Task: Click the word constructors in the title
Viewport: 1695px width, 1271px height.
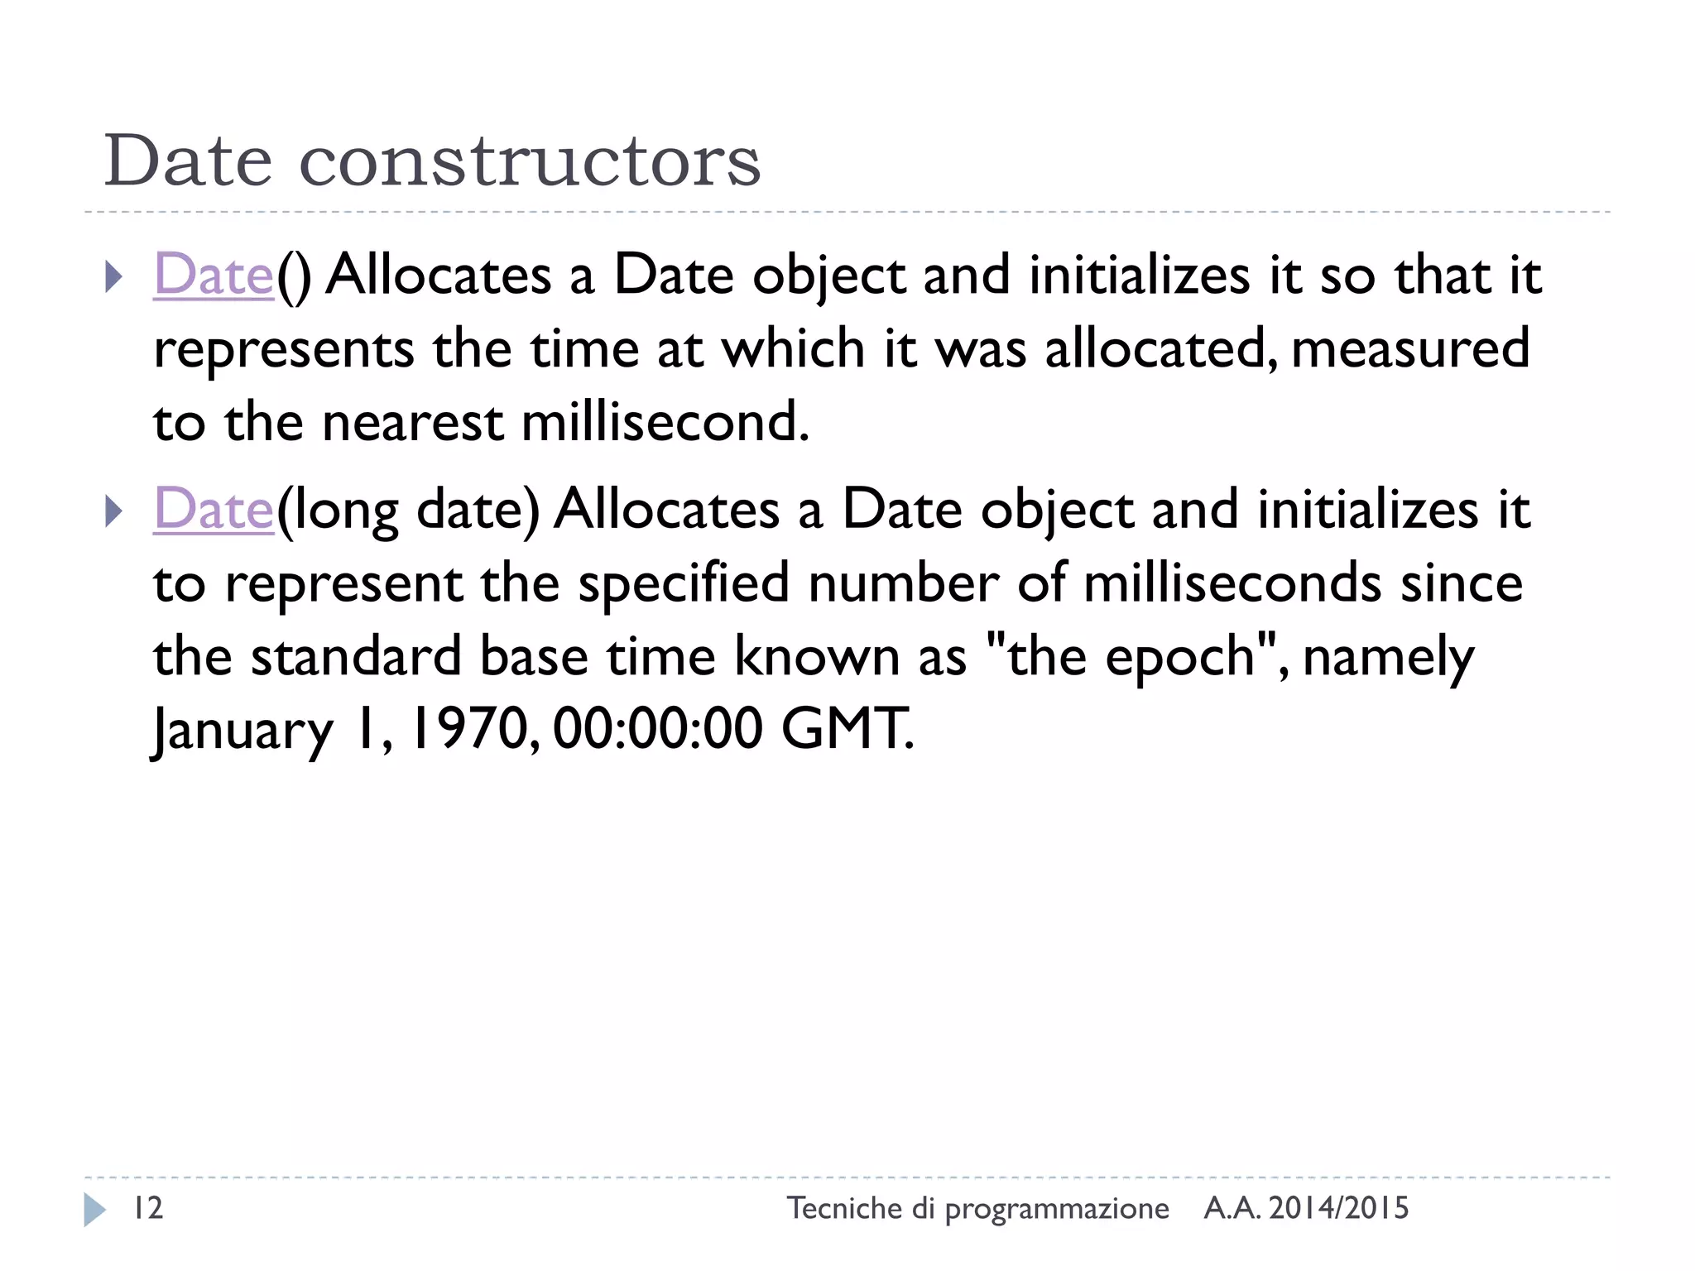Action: click(529, 162)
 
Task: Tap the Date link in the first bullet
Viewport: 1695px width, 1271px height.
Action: click(214, 275)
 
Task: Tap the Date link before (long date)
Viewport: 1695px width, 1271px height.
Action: click(214, 509)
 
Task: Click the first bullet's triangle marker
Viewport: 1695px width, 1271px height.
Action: click(114, 276)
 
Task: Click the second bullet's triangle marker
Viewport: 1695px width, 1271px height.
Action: click(114, 511)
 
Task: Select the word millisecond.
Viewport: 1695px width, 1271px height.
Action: click(665, 422)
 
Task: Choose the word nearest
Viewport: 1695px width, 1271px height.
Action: click(411, 423)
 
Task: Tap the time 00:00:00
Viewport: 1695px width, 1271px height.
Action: click(657, 729)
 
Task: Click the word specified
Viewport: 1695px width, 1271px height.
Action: click(683, 584)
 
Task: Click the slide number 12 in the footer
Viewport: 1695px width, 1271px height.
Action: click(148, 1208)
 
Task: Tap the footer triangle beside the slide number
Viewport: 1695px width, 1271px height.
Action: click(94, 1209)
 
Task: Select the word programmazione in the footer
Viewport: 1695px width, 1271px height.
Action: click(1057, 1210)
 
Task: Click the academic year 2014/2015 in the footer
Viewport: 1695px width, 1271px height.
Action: click(1338, 1208)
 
